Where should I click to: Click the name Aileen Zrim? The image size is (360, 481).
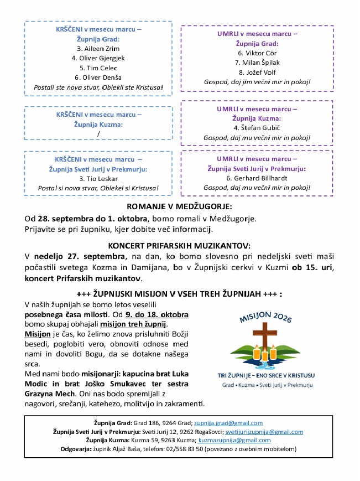[98, 48]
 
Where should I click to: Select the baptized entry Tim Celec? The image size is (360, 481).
[98, 68]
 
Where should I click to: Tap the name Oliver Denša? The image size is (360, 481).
[98, 77]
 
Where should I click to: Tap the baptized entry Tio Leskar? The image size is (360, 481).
[98, 179]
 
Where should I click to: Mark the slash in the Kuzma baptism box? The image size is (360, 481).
[98, 133]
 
